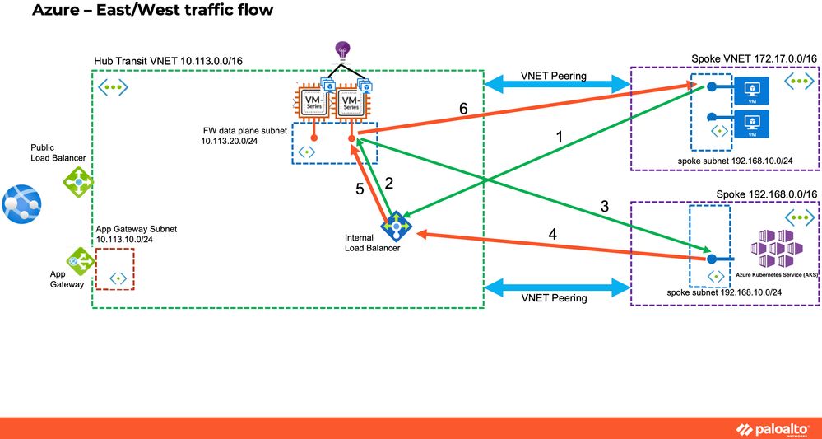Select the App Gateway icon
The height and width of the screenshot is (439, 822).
pos(80,261)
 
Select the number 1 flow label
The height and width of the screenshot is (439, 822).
pos(560,138)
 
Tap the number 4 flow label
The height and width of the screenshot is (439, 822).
pos(552,235)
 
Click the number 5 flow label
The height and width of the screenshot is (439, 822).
pos(360,189)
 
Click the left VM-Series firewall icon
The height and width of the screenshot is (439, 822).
pos(310,105)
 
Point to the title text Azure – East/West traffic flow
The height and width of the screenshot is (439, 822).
pos(152,12)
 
